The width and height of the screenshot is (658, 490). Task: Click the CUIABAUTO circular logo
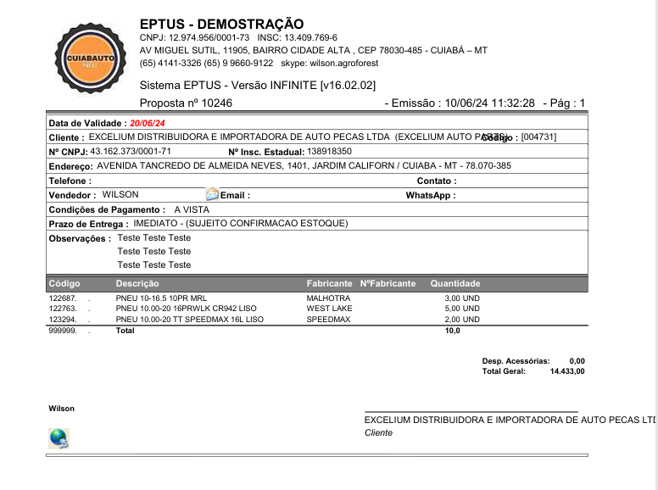point(84,58)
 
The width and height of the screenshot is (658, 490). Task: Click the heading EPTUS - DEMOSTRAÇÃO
point(221,24)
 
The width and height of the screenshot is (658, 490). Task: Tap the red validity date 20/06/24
point(148,123)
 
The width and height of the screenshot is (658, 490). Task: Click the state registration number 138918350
point(329,151)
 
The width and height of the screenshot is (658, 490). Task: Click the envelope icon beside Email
point(211,195)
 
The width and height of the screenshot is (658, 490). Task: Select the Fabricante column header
point(329,283)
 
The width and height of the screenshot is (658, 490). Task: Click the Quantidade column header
point(455,283)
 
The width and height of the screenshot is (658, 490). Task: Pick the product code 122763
point(64,309)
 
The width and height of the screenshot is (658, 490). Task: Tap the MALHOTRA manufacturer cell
point(328,298)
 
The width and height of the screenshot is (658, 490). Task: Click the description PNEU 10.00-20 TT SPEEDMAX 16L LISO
point(190,320)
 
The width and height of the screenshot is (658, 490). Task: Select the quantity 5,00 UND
point(462,309)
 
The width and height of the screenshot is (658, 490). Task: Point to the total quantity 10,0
point(453,331)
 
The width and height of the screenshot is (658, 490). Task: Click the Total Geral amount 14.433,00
point(567,371)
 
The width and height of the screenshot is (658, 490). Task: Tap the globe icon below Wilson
point(59,438)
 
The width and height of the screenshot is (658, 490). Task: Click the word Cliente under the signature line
point(378,432)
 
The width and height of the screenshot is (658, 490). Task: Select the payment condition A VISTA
point(192,209)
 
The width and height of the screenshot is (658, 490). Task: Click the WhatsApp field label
point(431,195)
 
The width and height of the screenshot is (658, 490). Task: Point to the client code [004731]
point(539,136)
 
